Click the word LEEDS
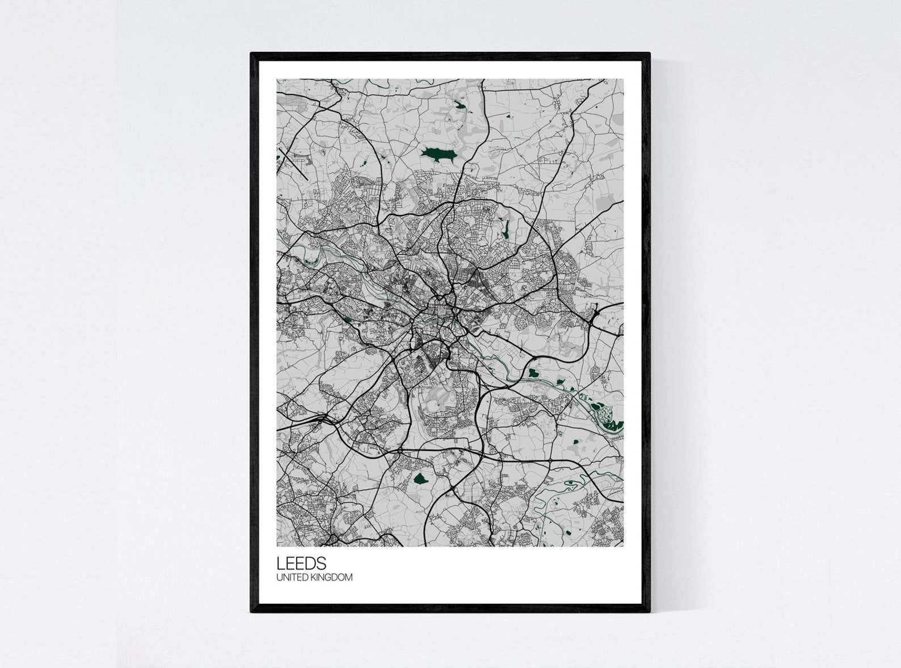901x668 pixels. tap(301, 563)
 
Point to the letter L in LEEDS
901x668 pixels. tap(280, 563)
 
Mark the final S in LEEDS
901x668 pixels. tap(322, 563)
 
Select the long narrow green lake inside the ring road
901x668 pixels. tap(504, 229)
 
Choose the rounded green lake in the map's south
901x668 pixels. tap(420, 479)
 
